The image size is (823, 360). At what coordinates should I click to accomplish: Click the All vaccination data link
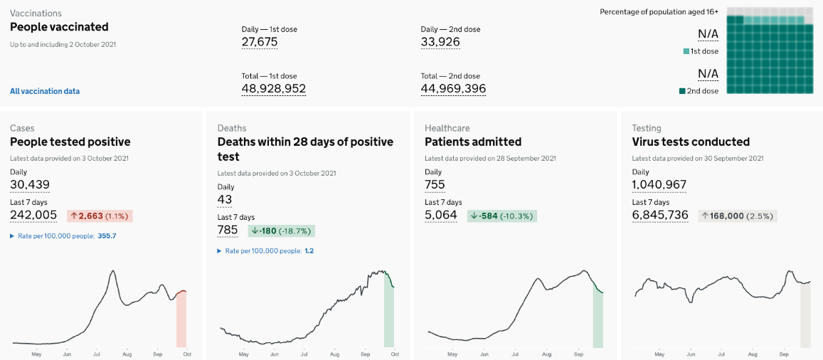pos(45,91)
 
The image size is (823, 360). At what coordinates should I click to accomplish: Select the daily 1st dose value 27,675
pos(260,42)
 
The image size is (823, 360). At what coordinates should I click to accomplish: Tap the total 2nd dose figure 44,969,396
pos(454,89)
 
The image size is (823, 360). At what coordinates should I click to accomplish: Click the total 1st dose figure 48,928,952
pos(273,89)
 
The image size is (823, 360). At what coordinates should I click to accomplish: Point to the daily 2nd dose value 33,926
pos(440,42)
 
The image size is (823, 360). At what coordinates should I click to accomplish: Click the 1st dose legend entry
pos(701,51)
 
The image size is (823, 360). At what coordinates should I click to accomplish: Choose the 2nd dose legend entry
pos(699,91)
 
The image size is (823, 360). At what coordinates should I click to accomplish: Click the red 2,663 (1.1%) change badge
pos(100,216)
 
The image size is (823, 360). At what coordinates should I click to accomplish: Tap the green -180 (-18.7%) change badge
pos(282,231)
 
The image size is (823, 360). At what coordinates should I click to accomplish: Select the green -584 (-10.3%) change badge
pos(501,216)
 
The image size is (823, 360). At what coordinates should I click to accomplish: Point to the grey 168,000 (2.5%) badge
pos(738,216)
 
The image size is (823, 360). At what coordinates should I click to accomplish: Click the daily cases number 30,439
pos(30,184)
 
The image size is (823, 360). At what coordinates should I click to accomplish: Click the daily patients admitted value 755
pos(435,184)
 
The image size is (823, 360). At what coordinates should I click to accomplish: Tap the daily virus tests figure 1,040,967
pos(659,184)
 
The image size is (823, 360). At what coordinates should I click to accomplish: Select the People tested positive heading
pos(70,142)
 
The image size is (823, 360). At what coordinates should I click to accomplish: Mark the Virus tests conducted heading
pos(691,142)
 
